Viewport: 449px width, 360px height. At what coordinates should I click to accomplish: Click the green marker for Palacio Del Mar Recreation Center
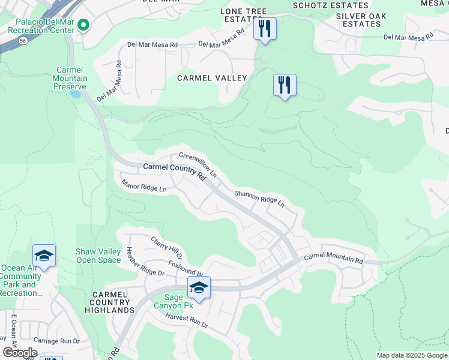point(83,25)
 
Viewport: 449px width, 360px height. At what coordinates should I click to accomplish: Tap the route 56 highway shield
point(22,41)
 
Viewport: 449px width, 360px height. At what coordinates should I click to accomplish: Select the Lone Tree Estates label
point(243,15)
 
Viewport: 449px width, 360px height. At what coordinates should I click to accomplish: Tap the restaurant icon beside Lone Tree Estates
point(265,28)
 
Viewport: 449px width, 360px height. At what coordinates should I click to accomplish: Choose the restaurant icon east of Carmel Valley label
point(285,85)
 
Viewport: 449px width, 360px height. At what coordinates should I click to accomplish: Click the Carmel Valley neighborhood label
point(212,78)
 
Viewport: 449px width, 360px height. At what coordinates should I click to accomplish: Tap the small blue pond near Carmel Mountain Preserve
point(75,94)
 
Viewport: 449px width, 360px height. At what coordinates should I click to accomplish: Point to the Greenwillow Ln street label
point(197,164)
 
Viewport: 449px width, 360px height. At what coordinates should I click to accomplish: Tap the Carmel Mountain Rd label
point(333,259)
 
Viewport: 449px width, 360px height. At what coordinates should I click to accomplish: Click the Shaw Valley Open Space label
point(98,256)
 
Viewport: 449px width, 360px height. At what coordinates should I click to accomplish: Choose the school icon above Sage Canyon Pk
point(199,287)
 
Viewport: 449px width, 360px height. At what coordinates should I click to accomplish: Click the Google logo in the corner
point(20,353)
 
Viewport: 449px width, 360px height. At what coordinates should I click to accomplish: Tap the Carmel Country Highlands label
point(109,302)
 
